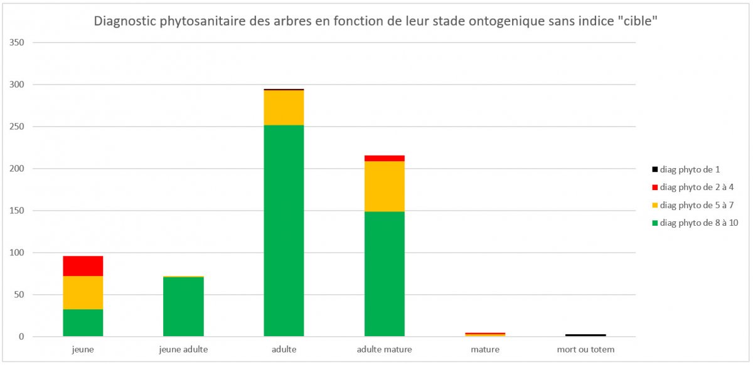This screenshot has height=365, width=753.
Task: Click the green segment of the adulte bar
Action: click(x=284, y=231)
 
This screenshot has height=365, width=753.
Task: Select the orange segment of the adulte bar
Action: click(x=284, y=108)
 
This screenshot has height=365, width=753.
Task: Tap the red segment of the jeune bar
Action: click(x=83, y=266)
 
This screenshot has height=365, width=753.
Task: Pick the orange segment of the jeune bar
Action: click(x=83, y=292)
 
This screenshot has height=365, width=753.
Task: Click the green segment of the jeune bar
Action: click(x=83, y=322)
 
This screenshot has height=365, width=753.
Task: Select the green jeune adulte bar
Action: click(x=183, y=307)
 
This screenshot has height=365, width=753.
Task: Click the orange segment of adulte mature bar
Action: click(x=384, y=186)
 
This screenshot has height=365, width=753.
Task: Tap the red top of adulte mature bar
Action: click(x=384, y=158)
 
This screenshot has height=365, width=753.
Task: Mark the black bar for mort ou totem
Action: click(x=585, y=335)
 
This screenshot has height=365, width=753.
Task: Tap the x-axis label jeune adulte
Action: click(x=183, y=349)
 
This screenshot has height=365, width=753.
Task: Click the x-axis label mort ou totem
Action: click(x=585, y=349)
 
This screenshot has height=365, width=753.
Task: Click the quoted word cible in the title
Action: click(x=639, y=21)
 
